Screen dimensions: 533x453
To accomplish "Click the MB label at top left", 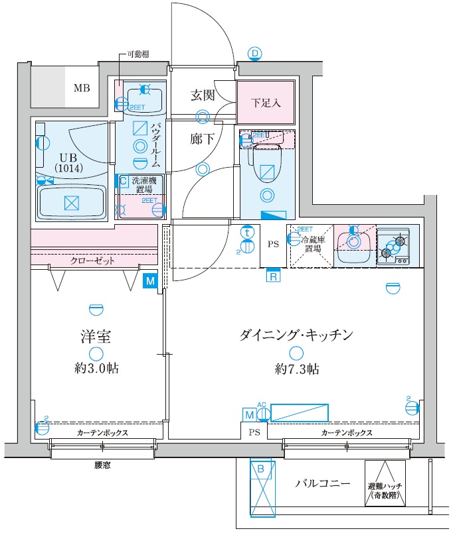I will [82, 88].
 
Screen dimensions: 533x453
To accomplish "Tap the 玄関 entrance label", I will [203, 95].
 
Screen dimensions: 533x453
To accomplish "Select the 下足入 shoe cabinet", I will [266, 103].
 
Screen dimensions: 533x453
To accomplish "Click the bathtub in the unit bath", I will [71, 202].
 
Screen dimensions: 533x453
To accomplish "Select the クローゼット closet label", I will [93, 261].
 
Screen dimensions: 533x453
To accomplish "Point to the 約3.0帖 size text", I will [97, 369].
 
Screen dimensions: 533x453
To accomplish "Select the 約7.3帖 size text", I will [296, 369].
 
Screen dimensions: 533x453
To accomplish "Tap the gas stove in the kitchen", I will [397, 246].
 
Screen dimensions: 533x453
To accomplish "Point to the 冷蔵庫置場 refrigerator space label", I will [311, 244].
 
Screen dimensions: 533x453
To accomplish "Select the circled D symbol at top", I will [255, 54].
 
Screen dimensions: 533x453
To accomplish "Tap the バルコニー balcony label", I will [323, 483].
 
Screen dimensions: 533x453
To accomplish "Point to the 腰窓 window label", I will [102, 465].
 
